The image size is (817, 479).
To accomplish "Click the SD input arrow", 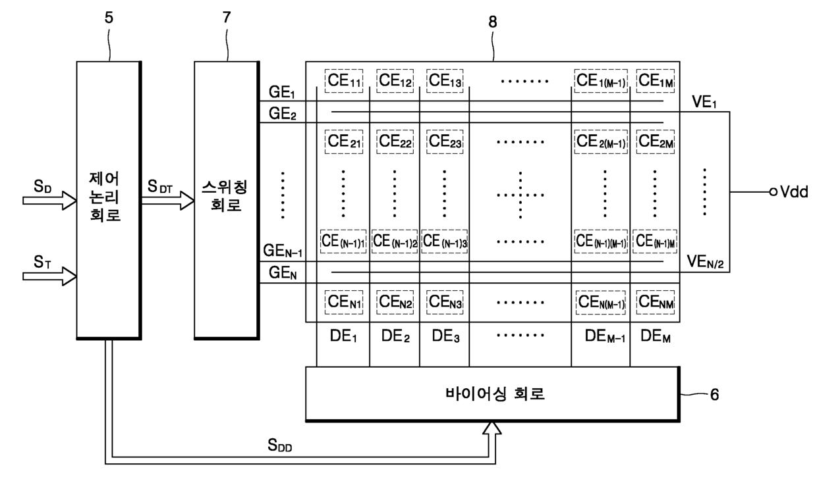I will [x=50, y=199].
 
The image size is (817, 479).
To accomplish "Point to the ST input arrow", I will [x=50, y=276].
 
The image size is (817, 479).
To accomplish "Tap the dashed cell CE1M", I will [x=655, y=80].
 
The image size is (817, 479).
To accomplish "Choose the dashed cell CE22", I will [x=394, y=140].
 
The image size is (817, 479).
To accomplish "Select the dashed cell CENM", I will [x=655, y=303].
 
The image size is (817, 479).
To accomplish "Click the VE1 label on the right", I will [x=704, y=103].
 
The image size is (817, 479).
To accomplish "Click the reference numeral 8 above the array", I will [x=493, y=21].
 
